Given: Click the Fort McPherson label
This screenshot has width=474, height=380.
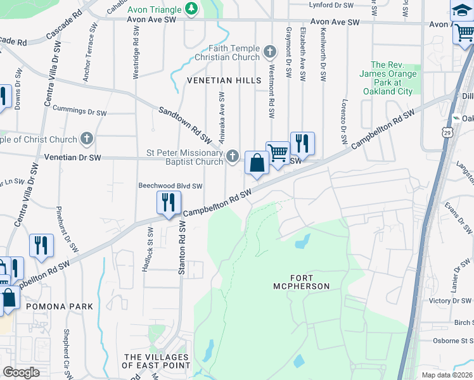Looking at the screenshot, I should click(x=311, y=282).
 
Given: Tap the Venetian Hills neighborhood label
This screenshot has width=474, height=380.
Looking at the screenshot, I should click(x=224, y=80).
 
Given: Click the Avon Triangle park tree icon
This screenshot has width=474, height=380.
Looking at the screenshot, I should click(x=191, y=8).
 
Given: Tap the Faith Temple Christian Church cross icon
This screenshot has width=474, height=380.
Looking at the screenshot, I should click(x=271, y=51).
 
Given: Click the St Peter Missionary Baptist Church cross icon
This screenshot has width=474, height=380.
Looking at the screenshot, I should click(x=233, y=156).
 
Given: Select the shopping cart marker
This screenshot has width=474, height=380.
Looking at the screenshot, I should click(x=277, y=153).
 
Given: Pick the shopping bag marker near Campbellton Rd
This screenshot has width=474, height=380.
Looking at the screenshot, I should click(x=257, y=163).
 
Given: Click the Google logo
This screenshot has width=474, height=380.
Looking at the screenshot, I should click(x=21, y=372).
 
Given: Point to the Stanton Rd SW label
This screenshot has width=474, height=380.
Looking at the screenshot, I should click(x=181, y=247).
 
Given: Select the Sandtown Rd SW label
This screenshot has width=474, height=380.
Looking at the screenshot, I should click(x=184, y=123).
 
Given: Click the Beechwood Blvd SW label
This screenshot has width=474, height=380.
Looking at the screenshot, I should click(x=170, y=186).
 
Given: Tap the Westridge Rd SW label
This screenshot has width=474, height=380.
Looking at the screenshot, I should click(x=136, y=58).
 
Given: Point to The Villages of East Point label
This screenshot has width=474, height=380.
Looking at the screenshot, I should click(x=157, y=361).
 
